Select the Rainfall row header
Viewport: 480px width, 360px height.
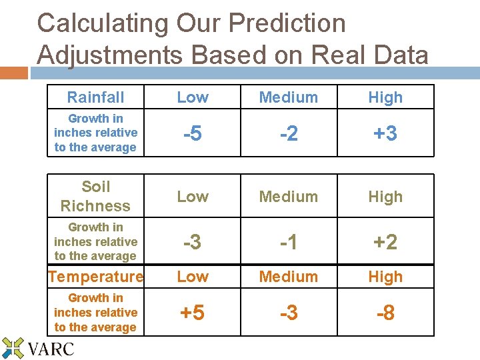click(95, 97)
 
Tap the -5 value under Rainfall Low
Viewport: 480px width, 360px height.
click(192, 133)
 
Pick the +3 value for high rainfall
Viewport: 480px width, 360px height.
click(385, 133)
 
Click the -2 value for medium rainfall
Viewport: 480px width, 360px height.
click(288, 133)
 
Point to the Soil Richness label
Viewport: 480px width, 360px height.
click(95, 196)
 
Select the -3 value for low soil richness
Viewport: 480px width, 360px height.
click(192, 242)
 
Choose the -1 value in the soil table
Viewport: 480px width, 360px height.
click(288, 242)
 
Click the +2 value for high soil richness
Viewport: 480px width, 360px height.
click(385, 242)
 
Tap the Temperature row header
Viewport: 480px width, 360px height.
click(95, 277)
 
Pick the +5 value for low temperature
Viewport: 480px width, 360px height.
click(192, 313)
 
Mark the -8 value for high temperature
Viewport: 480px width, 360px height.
click(385, 313)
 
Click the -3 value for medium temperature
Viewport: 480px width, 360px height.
click(288, 313)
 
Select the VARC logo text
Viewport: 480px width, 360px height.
click(51, 348)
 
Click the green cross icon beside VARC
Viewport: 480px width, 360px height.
click(13, 348)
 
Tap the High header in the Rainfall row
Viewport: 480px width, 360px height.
click(385, 97)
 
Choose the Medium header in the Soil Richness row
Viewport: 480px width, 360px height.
click(288, 197)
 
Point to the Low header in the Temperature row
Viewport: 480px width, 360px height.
click(192, 277)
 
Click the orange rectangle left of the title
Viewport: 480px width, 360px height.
click(13, 73)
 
